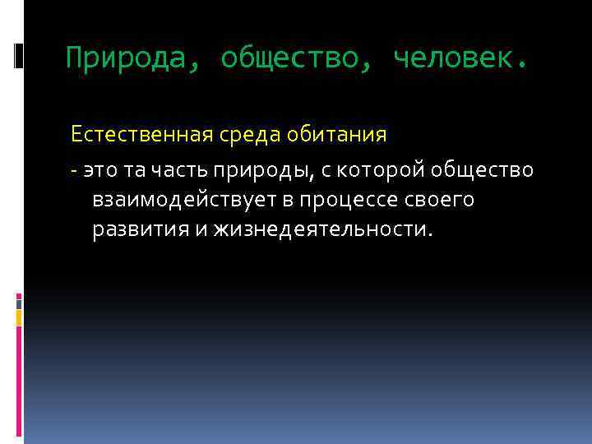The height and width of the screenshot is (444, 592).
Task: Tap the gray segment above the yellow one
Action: (19, 302)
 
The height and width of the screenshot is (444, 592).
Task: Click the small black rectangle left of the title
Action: (18, 55)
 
